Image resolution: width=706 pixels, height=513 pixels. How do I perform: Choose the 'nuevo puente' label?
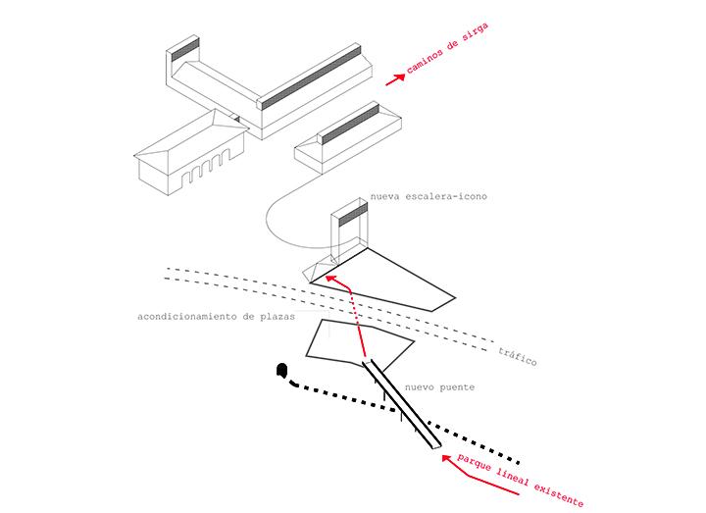point(443,387)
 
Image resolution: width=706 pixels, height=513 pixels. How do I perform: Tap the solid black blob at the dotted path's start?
point(282,371)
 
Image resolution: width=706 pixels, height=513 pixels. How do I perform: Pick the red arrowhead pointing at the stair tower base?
point(330,281)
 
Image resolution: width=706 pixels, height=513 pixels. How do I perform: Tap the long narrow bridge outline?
point(403,406)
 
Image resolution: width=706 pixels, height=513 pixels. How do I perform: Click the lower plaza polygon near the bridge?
point(357,340)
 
